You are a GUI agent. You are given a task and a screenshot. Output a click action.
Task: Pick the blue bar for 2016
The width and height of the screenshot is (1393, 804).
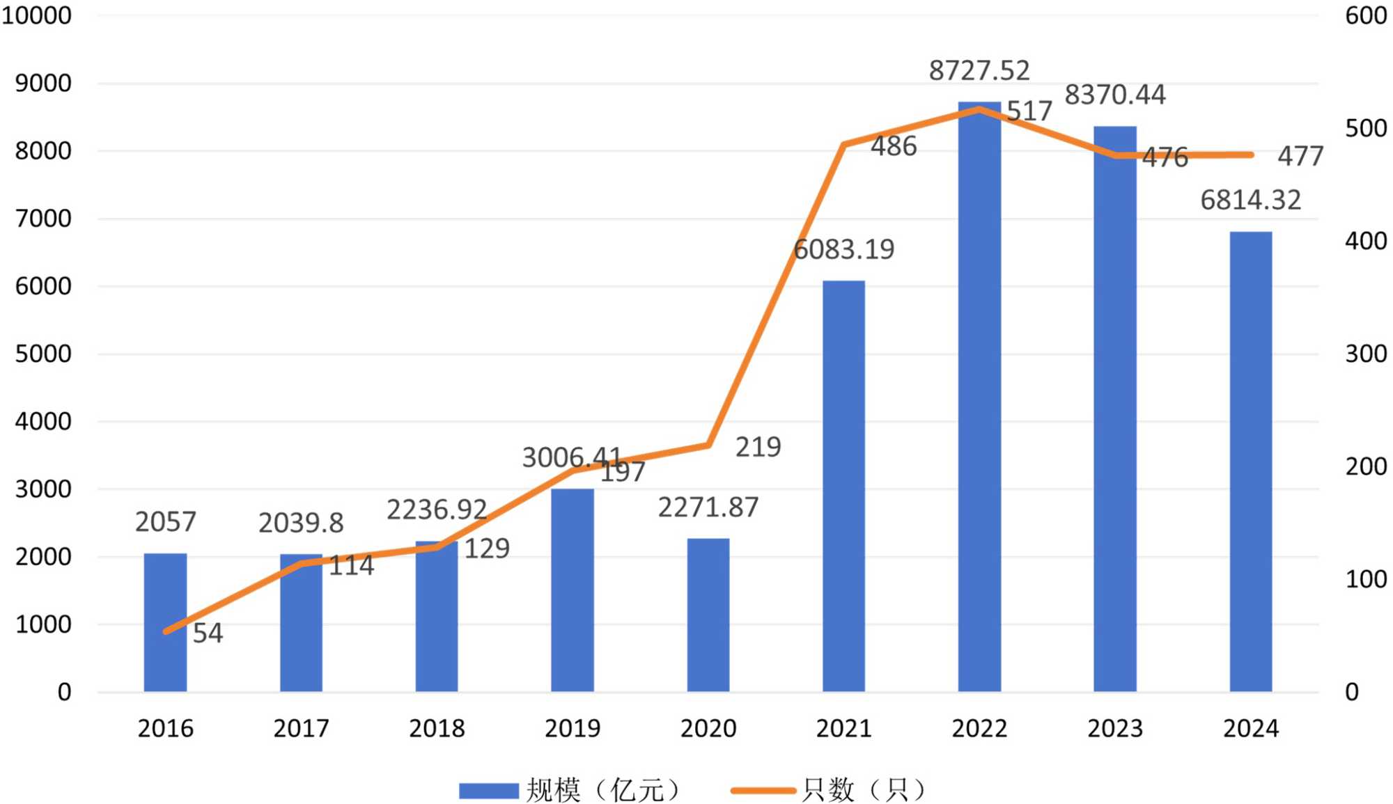click(165, 622)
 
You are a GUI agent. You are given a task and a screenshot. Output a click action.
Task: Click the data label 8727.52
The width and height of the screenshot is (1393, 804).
click(979, 70)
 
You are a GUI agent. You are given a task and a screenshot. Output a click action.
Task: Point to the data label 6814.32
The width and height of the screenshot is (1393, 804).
click(1250, 200)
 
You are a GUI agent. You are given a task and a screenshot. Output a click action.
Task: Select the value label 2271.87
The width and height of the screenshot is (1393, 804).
click(708, 507)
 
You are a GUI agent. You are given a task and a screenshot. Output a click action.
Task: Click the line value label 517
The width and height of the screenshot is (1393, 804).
click(1029, 111)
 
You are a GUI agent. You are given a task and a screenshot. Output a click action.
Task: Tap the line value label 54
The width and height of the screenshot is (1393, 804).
click(208, 633)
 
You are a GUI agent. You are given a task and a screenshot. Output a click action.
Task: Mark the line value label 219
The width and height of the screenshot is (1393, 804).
click(758, 447)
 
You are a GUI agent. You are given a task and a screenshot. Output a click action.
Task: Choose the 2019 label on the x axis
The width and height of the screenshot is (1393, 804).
click(572, 728)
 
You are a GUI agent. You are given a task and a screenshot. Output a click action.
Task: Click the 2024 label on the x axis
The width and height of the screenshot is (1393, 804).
click(1251, 728)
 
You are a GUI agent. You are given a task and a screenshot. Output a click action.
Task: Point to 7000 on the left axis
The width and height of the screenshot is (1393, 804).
click(43, 219)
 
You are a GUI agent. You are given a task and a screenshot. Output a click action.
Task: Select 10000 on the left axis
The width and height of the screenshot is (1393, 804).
click(36, 15)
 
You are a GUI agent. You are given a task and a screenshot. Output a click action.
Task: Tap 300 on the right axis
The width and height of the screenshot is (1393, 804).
click(1365, 354)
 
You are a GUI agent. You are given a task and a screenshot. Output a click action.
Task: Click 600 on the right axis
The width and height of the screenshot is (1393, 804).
click(1365, 15)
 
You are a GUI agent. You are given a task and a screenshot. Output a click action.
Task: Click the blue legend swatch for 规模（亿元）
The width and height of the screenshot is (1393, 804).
click(488, 791)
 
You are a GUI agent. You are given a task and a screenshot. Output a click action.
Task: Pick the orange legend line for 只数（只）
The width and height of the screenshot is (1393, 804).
click(763, 791)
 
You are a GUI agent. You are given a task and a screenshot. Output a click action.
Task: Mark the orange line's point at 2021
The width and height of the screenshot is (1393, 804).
click(843, 145)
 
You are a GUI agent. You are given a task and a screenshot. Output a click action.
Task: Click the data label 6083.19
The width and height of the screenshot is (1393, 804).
click(843, 249)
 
